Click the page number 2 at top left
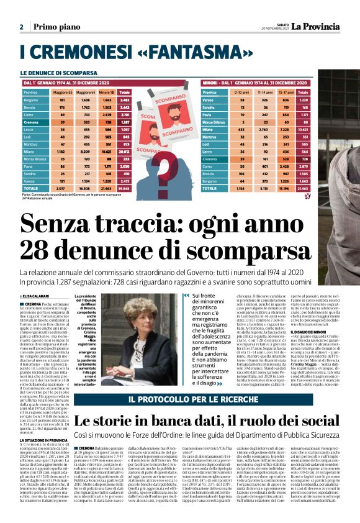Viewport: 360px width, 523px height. (x=21, y=27)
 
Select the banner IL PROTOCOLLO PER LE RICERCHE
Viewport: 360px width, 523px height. (x=180, y=398)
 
